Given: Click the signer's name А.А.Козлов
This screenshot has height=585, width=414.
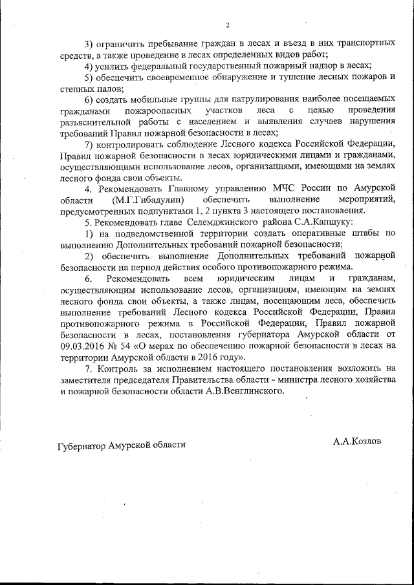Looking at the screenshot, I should pyautogui.click(x=358, y=441).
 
